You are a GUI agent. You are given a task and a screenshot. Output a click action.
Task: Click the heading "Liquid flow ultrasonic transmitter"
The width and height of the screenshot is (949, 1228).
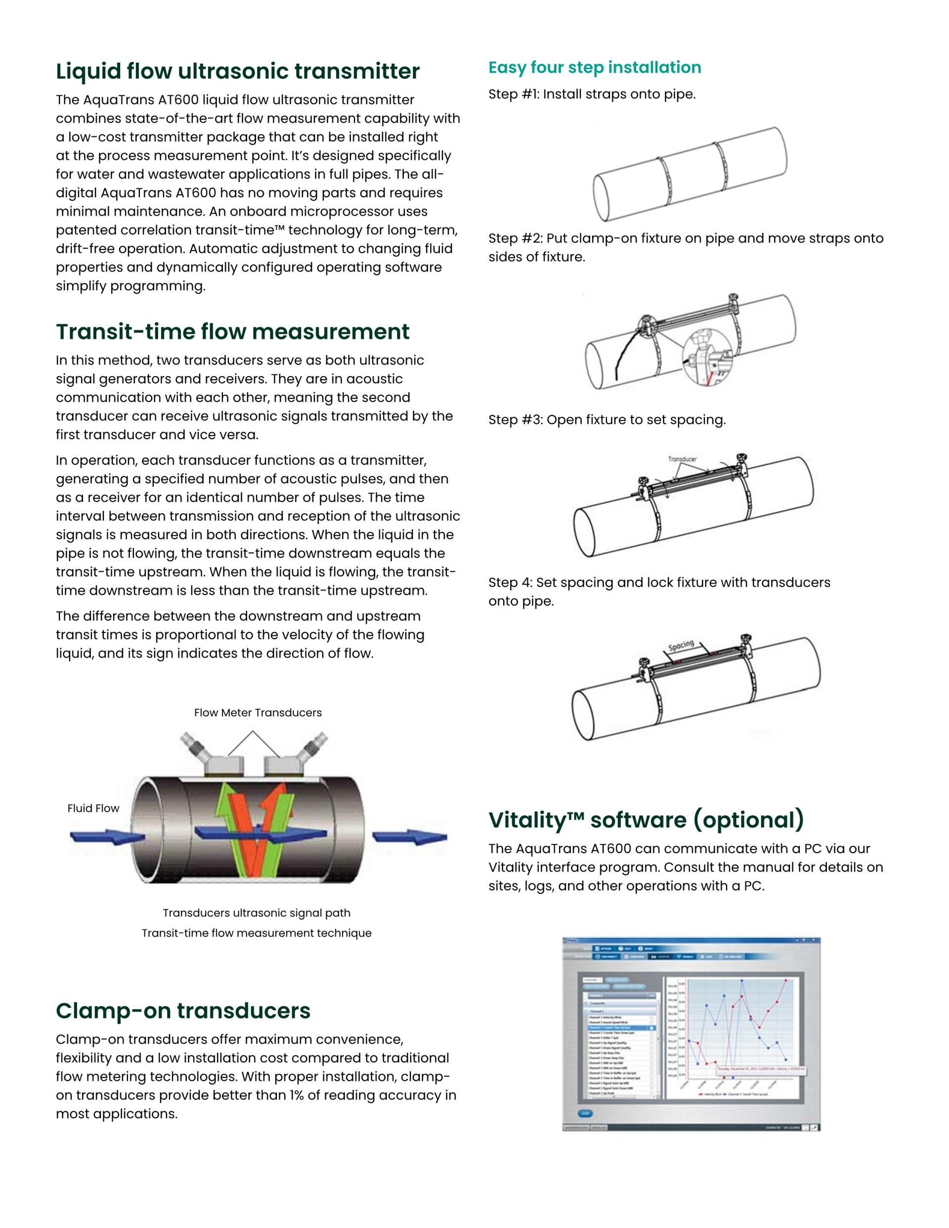click(237, 71)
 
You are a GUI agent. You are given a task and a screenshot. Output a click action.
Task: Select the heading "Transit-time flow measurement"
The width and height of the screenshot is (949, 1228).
click(232, 332)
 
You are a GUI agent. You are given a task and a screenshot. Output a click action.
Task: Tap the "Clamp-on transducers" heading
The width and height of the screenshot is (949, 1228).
click(183, 1010)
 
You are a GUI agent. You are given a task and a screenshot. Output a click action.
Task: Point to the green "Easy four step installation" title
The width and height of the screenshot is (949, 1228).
click(594, 67)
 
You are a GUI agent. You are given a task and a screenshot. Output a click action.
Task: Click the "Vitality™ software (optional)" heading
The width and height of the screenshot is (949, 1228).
click(646, 820)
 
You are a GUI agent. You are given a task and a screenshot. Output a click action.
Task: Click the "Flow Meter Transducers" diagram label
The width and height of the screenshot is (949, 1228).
click(258, 713)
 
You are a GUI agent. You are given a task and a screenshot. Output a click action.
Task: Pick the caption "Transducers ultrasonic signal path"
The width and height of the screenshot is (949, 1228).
click(257, 913)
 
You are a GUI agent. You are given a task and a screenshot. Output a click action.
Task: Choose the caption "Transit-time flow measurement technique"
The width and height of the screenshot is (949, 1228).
click(257, 933)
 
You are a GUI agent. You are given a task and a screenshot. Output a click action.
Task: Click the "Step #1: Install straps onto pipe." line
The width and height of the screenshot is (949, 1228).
click(592, 94)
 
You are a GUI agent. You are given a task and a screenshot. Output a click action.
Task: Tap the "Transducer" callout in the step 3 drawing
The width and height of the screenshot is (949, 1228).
click(682, 459)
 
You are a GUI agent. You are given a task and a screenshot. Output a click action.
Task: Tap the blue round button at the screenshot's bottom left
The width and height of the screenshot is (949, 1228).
click(585, 1113)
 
